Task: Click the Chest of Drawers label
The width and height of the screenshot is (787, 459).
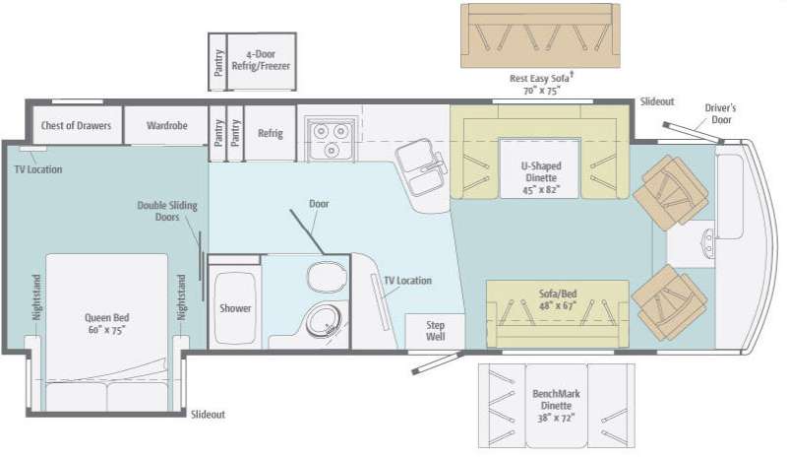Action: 76,125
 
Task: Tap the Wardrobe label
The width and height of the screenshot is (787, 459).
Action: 166,125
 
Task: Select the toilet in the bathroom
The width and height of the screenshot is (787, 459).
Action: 328,277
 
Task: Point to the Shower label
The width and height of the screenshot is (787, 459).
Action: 235,308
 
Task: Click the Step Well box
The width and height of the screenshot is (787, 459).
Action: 435,331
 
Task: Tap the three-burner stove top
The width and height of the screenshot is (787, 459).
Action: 331,139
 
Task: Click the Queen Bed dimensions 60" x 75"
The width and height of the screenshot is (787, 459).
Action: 106,330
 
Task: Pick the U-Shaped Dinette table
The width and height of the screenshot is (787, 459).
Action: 539,168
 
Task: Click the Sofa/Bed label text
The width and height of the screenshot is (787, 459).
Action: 557,294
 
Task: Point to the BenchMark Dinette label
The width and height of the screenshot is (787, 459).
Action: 556,399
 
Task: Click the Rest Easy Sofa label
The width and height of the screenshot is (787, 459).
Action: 540,78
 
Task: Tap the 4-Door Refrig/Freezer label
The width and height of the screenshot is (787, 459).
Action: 261,60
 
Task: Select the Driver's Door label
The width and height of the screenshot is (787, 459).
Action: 720,113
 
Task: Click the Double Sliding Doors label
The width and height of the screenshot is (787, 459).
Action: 167,211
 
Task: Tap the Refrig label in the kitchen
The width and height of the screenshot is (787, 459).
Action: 270,133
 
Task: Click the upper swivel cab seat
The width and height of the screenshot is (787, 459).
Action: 670,192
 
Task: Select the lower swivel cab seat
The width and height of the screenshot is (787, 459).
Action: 669,302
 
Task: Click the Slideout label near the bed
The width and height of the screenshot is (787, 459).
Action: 208,415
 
